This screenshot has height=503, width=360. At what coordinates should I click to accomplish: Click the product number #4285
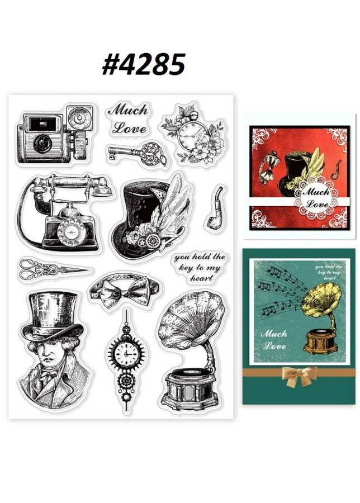tap(144, 64)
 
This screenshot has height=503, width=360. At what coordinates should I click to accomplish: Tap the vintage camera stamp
tap(56, 134)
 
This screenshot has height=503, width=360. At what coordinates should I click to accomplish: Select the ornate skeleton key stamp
tap(137, 153)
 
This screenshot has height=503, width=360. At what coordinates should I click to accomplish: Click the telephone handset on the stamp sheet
tap(71, 186)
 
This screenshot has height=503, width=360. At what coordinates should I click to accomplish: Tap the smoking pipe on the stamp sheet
tap(216, 208)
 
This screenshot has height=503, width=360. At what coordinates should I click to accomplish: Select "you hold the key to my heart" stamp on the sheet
tap(199, 268)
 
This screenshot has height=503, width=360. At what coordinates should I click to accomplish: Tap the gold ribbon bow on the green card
tap(298, 376)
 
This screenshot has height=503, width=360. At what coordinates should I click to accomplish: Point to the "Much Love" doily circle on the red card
tap(316, 198)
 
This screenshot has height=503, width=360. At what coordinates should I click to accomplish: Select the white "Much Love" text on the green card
tap(274, 339)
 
